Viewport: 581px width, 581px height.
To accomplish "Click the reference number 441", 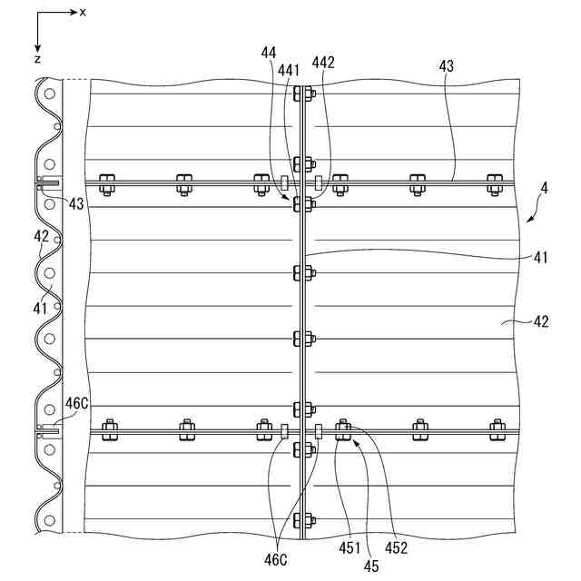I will [x=289, y=69].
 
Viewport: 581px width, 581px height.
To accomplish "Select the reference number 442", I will [x=323, y=63].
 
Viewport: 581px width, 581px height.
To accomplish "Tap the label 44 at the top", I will [x=268, y=54].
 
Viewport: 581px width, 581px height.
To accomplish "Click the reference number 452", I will [x=397, y=548].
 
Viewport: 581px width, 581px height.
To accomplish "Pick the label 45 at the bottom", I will [x=372, y=566].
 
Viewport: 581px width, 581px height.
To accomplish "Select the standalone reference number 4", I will [x=544, y=189].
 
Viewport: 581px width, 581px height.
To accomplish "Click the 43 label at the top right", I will [x=446, y=66].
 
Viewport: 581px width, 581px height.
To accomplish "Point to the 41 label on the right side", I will [x=541, y=258].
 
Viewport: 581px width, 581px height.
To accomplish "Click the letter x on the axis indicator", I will [x=83, y=12].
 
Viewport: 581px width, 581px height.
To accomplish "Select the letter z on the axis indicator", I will [x=37, y=57].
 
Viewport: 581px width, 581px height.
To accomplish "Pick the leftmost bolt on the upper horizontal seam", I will [x=106, y=182].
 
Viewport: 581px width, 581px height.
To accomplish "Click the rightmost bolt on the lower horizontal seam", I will [x=497, y=428].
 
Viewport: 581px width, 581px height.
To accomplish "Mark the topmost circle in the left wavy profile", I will [x=50, y=93].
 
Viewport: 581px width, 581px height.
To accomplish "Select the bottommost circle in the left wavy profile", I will [x=50, y=521].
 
